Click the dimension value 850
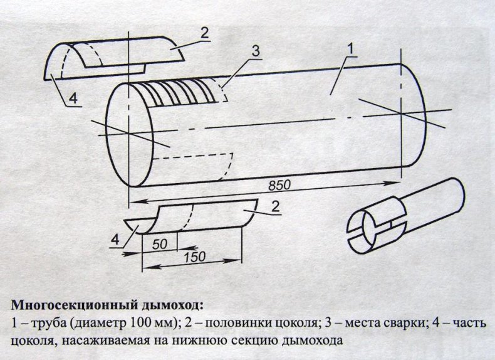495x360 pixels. [x=279, y=186]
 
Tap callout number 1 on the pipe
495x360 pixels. [x=351, y=49]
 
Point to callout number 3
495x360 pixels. [x=254, y=51]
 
